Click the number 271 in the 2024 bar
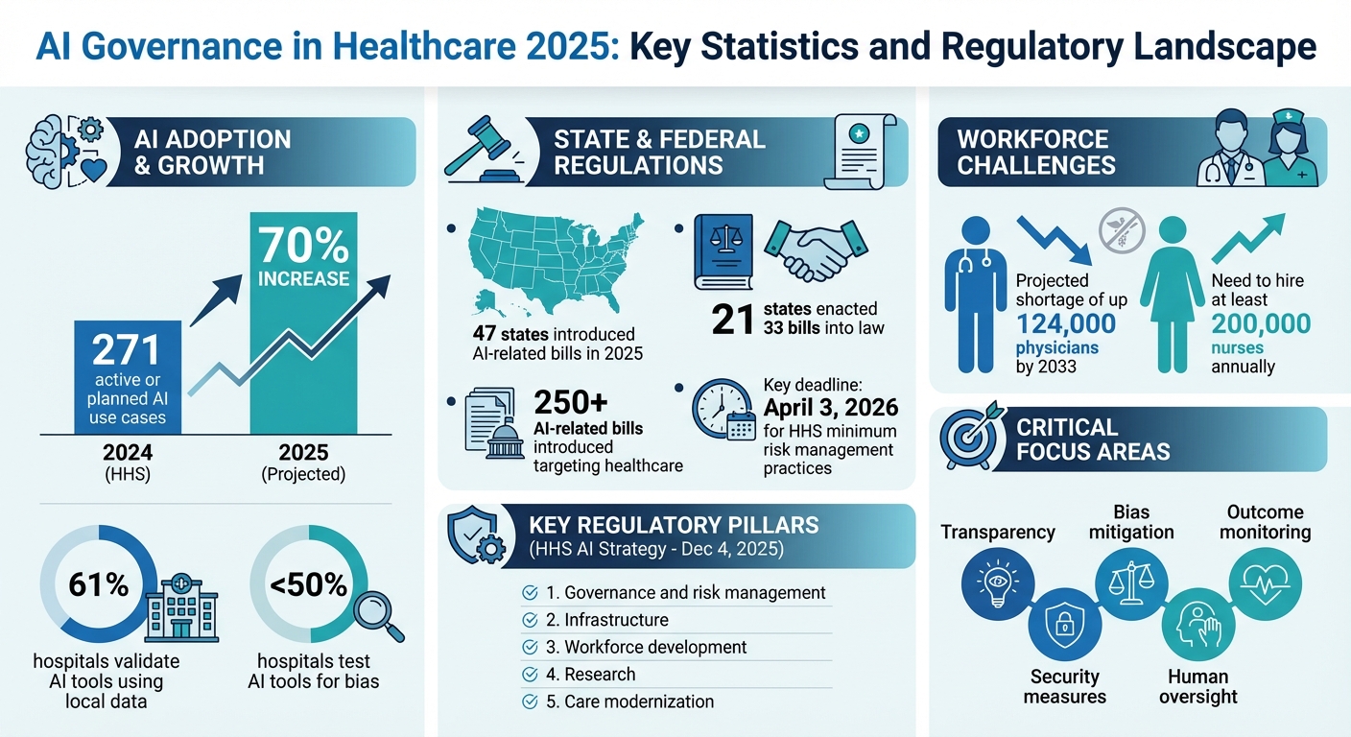tap(127, 352)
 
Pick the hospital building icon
tap(180, 608)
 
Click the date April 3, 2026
tap(831, 408)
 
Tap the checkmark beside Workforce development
tap(529, 647)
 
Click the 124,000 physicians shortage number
tap(1066, 323)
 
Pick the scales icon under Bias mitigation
tap(1131, 581)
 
